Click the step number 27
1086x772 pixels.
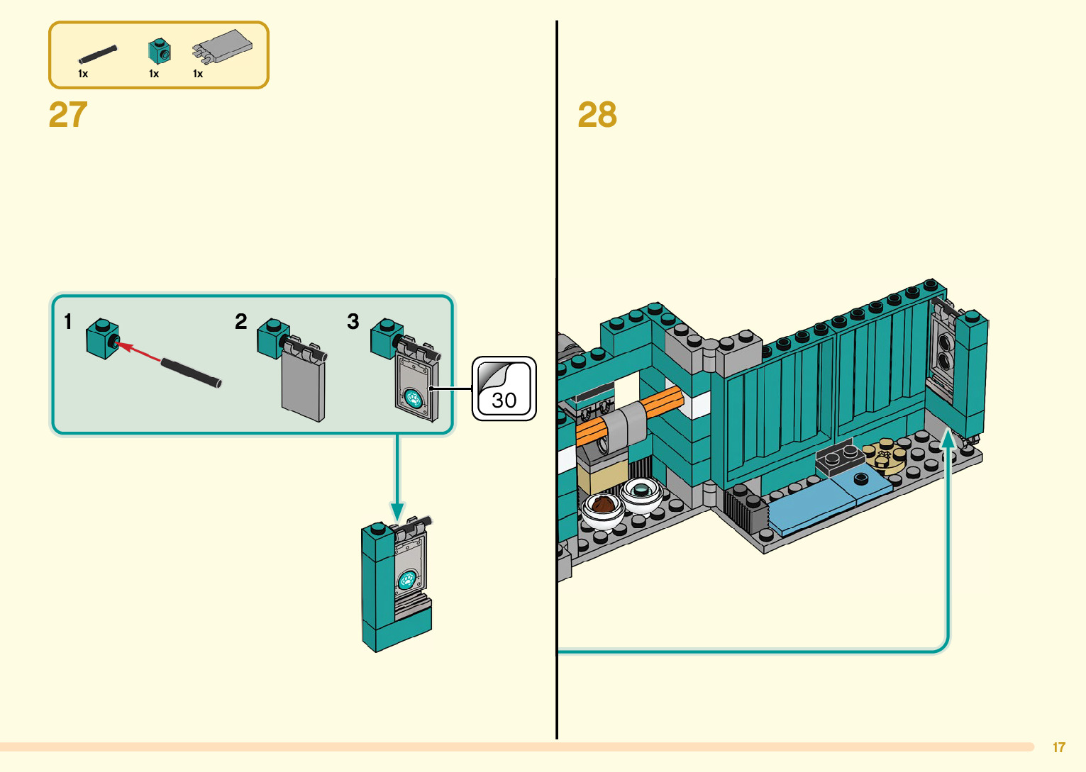click(68, 115)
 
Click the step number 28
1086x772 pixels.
click(597, 115)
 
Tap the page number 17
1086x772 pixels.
click(1058, 747)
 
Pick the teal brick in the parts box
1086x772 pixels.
click(160, 52)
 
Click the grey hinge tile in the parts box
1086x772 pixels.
click(223, 46)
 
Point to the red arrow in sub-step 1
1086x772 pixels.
click(138, 352)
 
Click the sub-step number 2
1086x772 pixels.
click(241, 322)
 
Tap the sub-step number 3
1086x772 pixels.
click(353, 322)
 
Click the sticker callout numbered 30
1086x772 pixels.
click(504, 388)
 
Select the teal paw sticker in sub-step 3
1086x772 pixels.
click(412, 399)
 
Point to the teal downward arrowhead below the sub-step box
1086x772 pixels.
click(397, 511)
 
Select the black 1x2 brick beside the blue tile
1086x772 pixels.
click(840, 460)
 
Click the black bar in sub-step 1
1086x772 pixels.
click(191, 374)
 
